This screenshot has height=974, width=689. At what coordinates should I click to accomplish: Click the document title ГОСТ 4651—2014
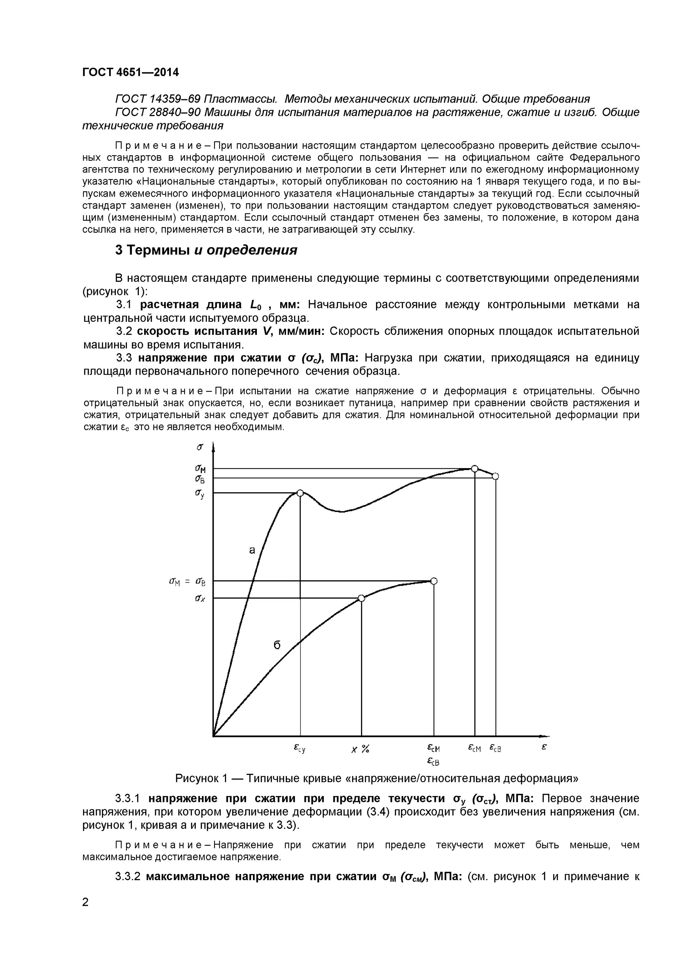click(130, 72)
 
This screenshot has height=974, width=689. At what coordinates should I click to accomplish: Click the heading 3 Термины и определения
click(206, 250)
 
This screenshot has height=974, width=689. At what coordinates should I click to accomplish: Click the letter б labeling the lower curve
click(277, 645)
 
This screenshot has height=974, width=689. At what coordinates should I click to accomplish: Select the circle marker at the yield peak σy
click(300, 493)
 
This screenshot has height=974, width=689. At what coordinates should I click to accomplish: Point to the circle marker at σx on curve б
click(361, 598)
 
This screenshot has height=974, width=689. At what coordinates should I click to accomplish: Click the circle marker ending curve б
click(433, 581)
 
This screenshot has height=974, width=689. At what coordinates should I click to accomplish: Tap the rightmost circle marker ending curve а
click(495, 476)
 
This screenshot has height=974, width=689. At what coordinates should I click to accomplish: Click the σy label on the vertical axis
click(200, 493)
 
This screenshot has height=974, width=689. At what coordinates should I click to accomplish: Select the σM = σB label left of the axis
click(187, 582)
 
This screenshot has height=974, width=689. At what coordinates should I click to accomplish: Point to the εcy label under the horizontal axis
click(299, 749)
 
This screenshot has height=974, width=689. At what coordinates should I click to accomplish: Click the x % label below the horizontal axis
click(360, 749)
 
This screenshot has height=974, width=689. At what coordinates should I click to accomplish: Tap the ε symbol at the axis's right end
click(544, 747)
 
